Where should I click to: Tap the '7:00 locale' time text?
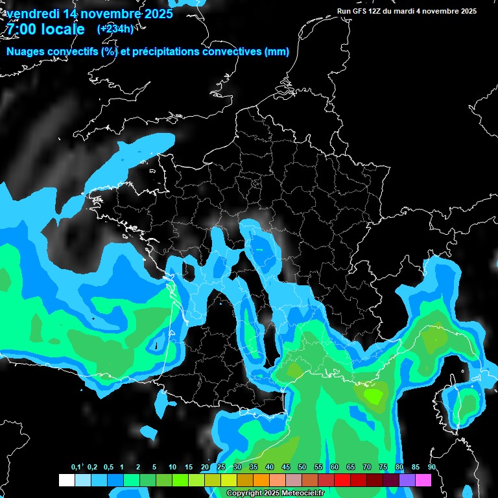pyautogui.click(x=44, y=29)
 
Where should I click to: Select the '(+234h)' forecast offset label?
pyautogui.click(x=115, y=29)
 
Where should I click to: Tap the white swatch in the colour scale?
pyautogui.click(x=66, y=480)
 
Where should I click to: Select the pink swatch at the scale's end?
pyautogui.click(x=423, y=480)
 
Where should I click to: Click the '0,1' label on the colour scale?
pyautogui.click(x=76, y=468)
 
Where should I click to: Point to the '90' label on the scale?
pyautogui.click(x=431, y=468)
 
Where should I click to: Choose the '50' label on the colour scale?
pyautogui.click(x=302, y=468)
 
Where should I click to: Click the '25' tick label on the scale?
pyautogui.click(x=221, y=468)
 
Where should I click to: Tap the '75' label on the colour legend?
pyautogui.click(x=383, y=468)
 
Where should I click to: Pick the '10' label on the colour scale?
pyautogui.click(x=172, y=468)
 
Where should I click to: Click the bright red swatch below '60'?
pyautogui.click(x=342, y=480)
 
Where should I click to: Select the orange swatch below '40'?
pyautogui.click(x=261, y=480)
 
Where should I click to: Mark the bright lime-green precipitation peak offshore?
pyautogui.click(x=373, y=394)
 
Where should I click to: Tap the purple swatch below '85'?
pyautogui.click(x=407, y=480)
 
